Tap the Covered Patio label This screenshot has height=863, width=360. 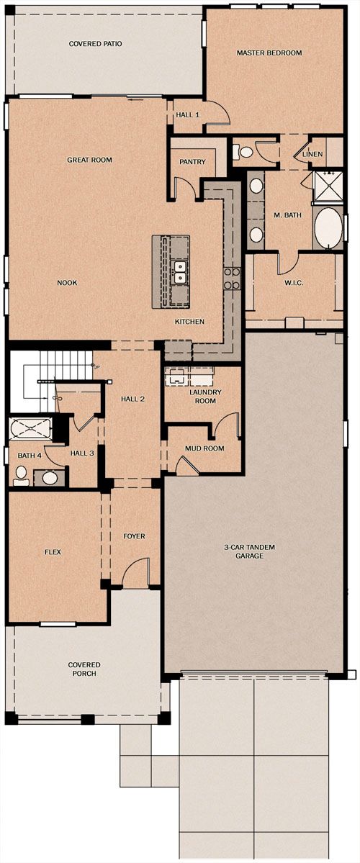95,43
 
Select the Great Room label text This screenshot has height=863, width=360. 89,160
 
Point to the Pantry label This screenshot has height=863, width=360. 193,162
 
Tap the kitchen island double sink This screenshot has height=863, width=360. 179,272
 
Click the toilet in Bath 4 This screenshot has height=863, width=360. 22,475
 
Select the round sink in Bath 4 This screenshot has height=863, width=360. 50,477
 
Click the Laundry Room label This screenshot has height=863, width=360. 205,397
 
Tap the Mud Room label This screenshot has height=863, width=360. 204,448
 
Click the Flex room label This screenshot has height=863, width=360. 53,551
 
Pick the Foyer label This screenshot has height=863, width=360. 135,536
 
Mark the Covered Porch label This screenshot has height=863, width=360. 84,669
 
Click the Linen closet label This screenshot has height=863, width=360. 312,154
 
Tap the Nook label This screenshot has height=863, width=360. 67,283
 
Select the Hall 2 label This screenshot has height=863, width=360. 132,399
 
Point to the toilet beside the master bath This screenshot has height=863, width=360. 244,151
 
